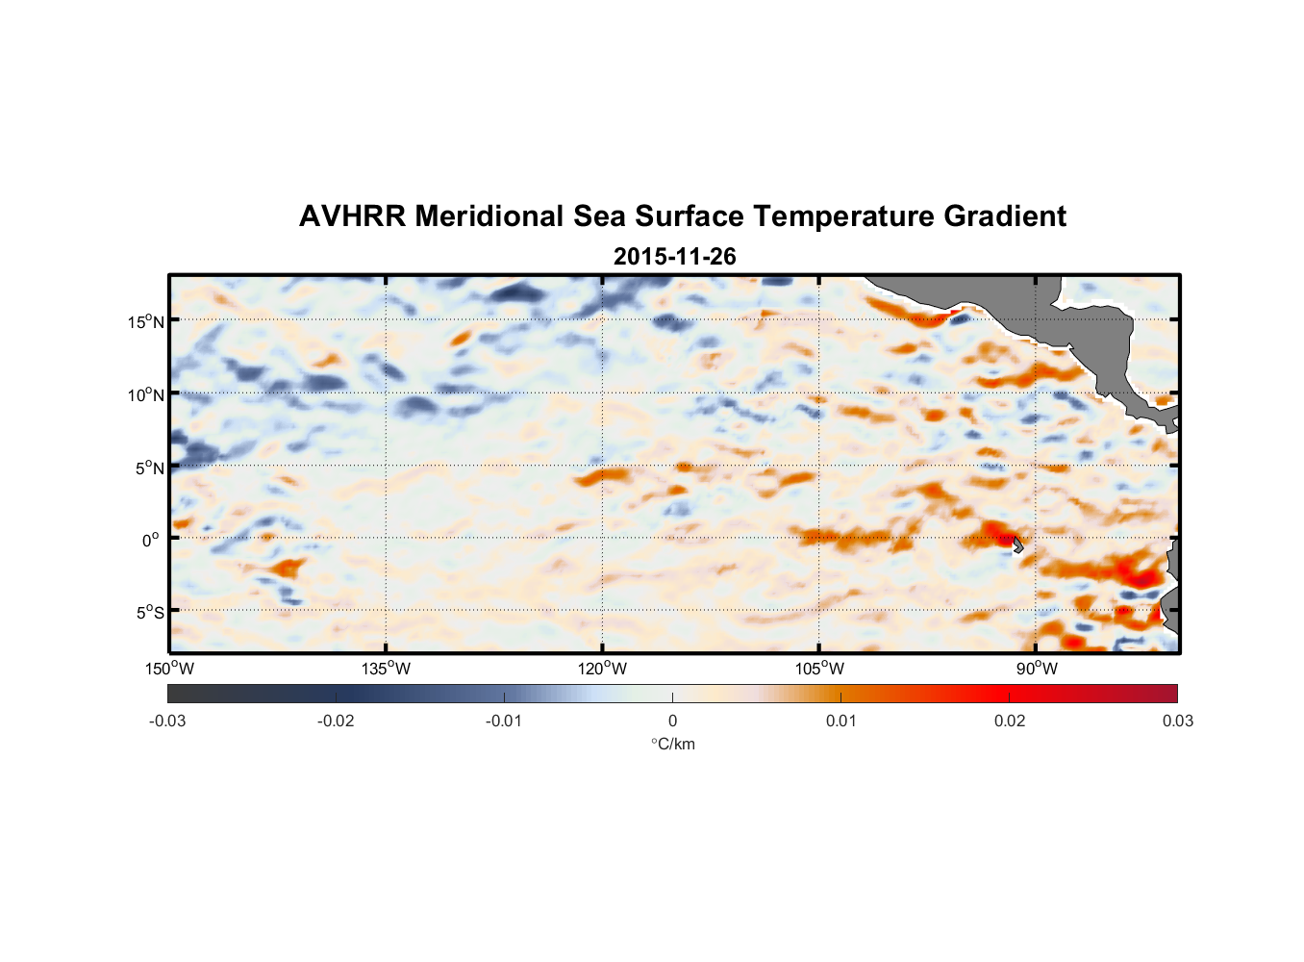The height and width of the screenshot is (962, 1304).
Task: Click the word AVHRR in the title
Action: (351, 216)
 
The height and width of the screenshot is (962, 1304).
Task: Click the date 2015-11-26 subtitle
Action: (674, 257)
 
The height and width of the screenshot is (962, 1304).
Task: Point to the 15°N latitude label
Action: (146, 321)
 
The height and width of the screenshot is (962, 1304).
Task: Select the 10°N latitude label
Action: (146, 394)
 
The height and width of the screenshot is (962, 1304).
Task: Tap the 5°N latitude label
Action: (149, 468)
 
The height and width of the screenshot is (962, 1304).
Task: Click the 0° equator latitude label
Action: (151, 541)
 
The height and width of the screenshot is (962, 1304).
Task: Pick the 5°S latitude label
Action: (149, 613)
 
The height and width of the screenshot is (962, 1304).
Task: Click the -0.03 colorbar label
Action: (167, 721)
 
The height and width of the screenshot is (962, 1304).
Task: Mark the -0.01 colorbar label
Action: (504, 721)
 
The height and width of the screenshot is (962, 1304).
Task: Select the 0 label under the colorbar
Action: (672, 721)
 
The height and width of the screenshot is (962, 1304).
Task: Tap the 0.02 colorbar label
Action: (1009, 721)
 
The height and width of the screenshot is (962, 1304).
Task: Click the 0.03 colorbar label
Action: (1177, 721)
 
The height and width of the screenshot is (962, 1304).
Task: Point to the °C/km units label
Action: (672, 745)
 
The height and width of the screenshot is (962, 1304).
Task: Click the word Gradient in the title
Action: (1004, 216)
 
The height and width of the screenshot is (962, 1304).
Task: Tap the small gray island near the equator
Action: (1017, 544)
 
